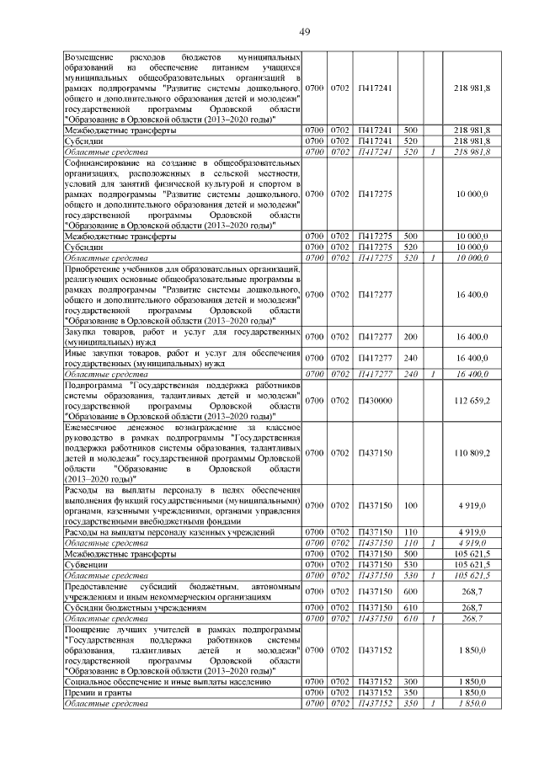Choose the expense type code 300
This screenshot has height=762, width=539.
click(x=411, y=680)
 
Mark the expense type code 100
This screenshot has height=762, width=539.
click(x=411, y=505)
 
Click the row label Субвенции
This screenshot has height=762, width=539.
click(x=87, y=565)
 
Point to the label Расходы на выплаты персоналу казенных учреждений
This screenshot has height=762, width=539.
click(x=169, y=533)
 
